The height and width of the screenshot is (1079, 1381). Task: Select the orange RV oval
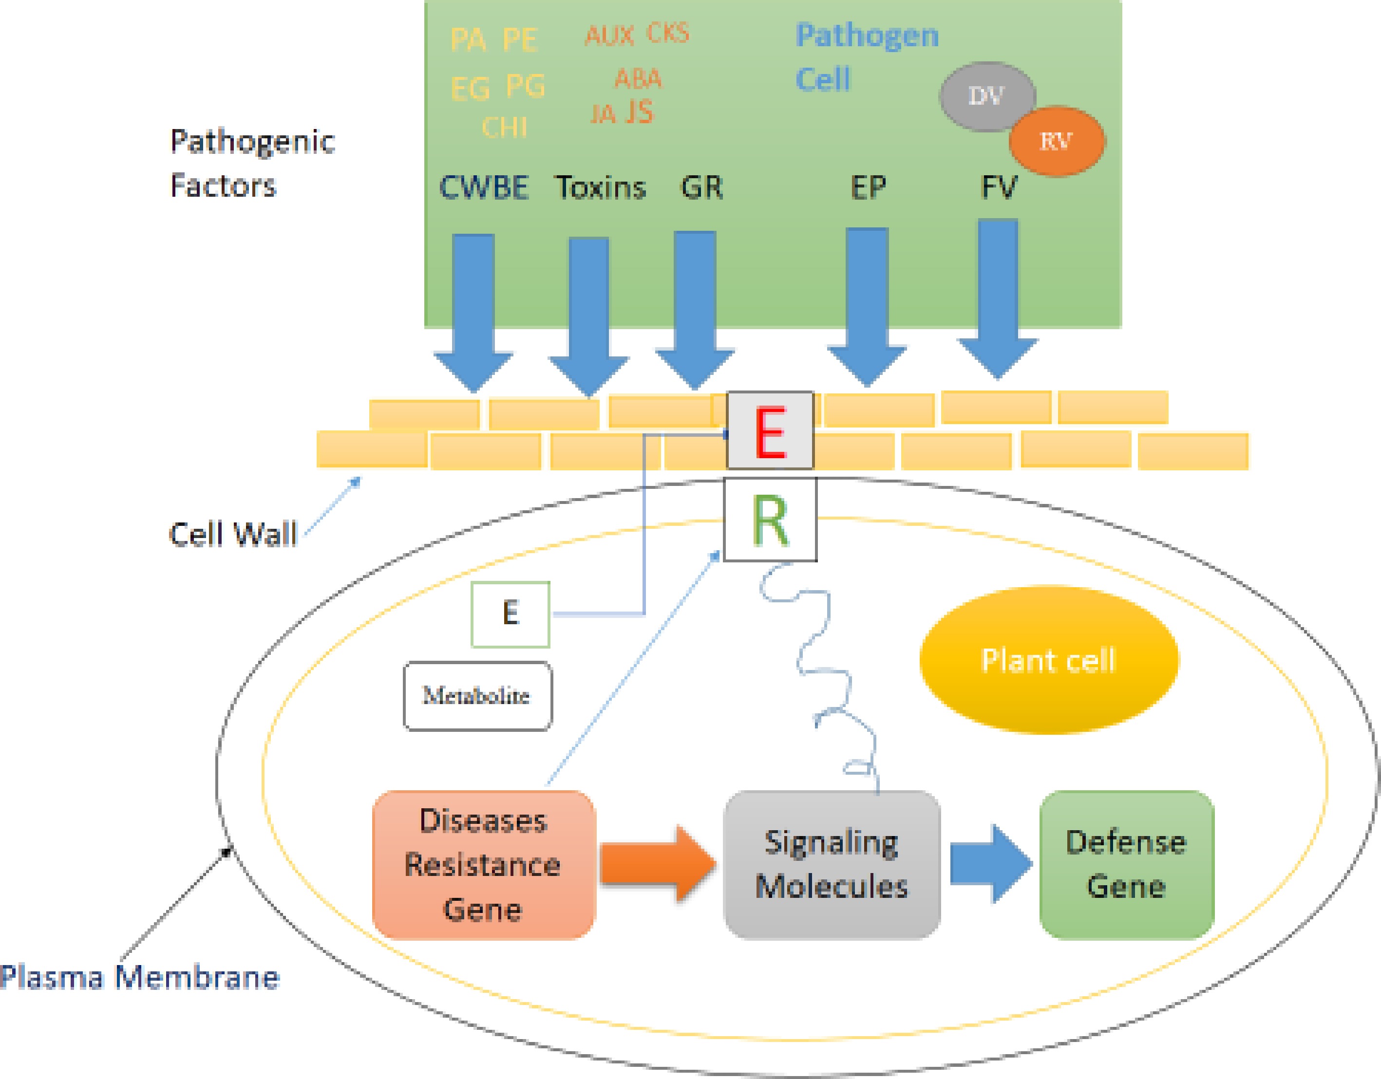[x=1056, y=141]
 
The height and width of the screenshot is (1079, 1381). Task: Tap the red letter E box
[x=770, y=431]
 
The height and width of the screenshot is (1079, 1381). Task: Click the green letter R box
[x=770, y=520]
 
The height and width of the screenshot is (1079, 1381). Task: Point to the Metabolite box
[x=477, y=696]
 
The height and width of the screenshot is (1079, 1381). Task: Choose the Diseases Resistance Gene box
[x=484, y=865]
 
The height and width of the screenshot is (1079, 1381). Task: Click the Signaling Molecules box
[x=832, y=865]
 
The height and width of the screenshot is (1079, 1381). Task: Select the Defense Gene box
[x=1126, y=865]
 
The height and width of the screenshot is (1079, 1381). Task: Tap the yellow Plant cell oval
[x=1048, y=660]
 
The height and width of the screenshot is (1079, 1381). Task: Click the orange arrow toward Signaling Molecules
[x=658, y=863]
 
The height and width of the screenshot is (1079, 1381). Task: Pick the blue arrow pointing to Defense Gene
[x=990, y=863]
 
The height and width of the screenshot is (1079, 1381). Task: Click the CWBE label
[x=484, y=188]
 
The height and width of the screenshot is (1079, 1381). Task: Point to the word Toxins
[x=601, y=188]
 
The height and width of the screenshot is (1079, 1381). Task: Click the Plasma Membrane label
[x=139, y=977]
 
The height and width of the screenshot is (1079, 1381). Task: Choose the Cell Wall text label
[x=233, y=534]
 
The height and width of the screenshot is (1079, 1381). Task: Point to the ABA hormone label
[x=638, y=79]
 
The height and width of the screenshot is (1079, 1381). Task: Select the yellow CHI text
[x=504, y=128]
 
